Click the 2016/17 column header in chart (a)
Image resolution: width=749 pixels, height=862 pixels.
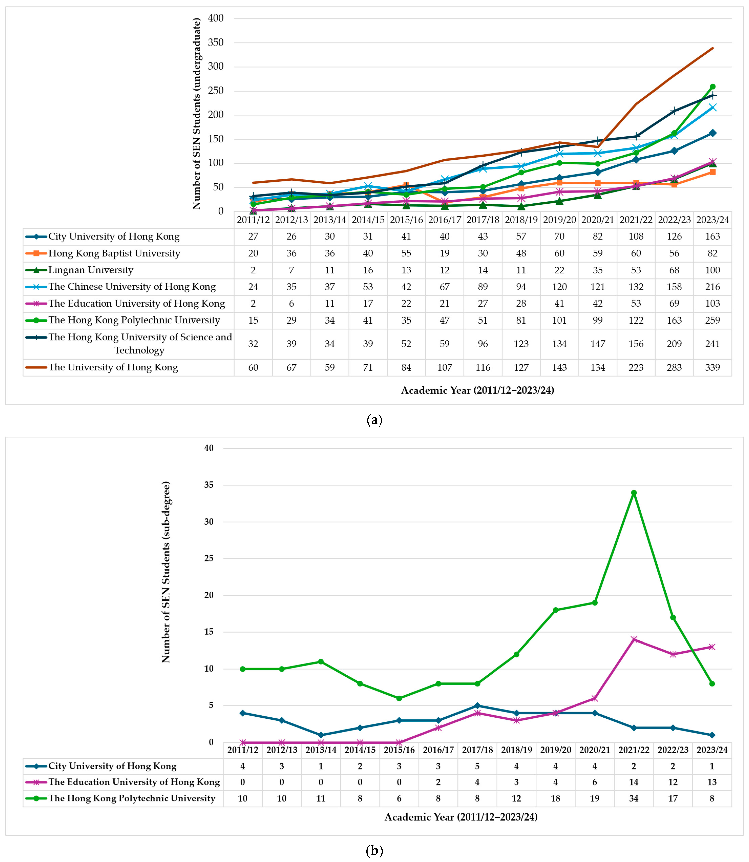(444, 220)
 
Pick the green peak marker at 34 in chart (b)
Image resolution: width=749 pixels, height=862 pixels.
(634, 493)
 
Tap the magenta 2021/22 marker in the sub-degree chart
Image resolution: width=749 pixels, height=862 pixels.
(634, 639)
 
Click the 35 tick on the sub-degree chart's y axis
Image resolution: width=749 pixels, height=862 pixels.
(209, 485)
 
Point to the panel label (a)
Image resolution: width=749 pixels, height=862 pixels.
(374, 420)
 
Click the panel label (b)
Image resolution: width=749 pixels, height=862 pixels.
(374, 850)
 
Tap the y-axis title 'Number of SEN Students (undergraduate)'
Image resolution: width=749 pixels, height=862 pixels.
(196, 114)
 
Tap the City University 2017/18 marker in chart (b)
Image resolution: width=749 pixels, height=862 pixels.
(477, 706)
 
